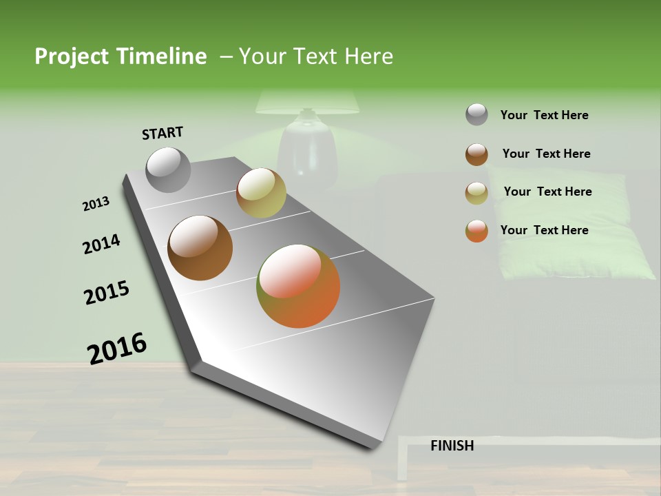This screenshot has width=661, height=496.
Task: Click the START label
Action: click(162, 133)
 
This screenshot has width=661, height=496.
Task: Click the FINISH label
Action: click(452, 446)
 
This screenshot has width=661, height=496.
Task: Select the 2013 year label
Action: click(96, 204)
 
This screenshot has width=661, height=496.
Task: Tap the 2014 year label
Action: click(101, 244)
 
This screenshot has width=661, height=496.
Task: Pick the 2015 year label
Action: click(107, 293)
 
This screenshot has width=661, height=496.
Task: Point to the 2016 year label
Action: click(117, 348)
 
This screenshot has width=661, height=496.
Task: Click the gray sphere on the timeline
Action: click(169, 169)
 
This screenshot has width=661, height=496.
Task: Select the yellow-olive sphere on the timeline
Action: click(261, 192)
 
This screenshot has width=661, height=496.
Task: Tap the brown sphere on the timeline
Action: click(200, 247)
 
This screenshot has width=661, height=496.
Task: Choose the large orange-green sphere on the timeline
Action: click(298, 285)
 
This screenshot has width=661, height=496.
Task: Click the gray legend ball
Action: click(476, 114)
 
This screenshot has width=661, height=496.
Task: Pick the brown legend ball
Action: click(476, 154)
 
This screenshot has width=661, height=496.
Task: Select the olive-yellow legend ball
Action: click(476, 193)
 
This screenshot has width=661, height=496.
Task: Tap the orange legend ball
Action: click(476, 231)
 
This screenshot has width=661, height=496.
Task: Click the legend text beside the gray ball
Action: click(544, 115)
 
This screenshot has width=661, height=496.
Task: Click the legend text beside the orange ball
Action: click(544, 230)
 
